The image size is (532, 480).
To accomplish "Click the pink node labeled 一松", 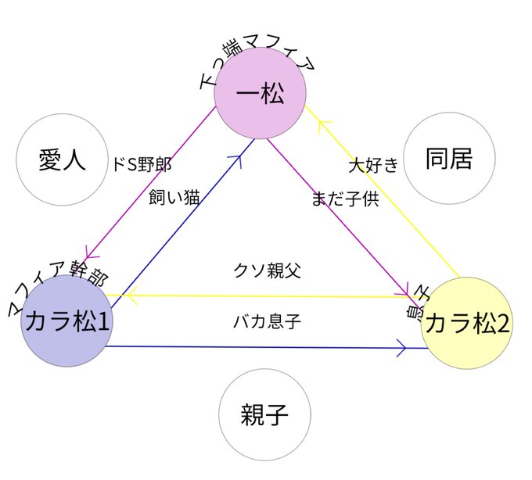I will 259,96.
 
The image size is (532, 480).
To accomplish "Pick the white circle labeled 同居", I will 449,159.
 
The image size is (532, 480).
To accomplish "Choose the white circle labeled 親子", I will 264,414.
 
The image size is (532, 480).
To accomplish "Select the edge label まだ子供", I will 344,199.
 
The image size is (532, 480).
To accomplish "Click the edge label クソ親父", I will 267,271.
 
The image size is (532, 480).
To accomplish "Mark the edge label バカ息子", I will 267,321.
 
